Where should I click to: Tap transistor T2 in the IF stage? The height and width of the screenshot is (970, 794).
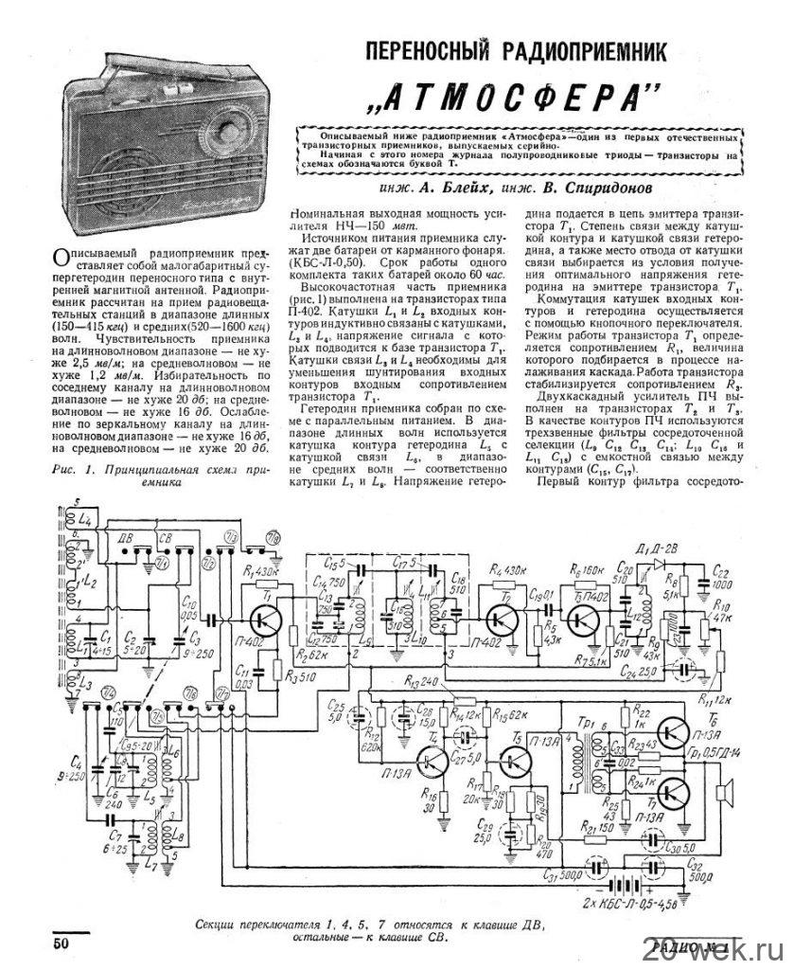[498, 620]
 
